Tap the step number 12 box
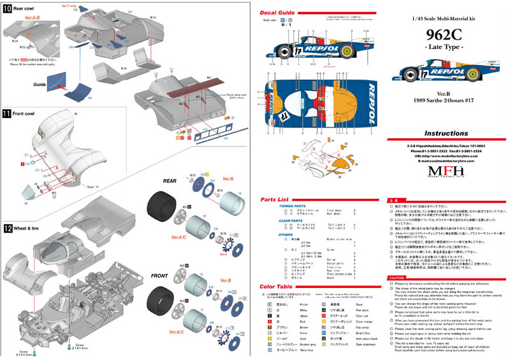pyautogui.click(x=6, y=228)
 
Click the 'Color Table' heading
pyautogui.click(x=279, y=288)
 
